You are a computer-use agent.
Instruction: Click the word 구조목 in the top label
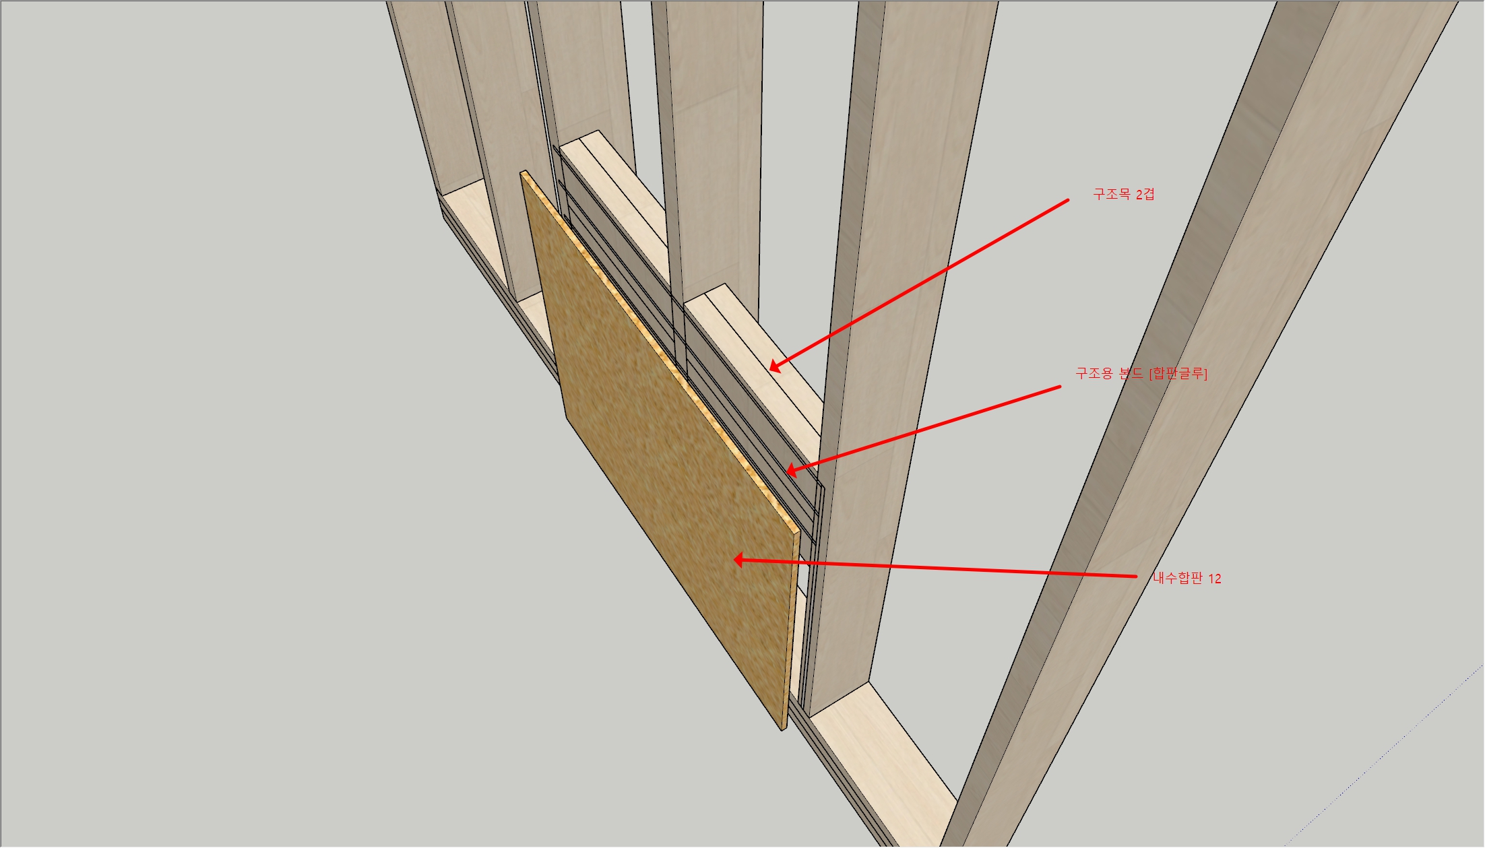click(x=1112, y=194)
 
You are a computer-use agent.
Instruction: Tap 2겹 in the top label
click(x=1145, y=194)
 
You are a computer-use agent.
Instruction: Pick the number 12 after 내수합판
click(x=1215, y=579)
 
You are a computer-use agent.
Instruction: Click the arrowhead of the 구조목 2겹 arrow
click(x=776, y=366)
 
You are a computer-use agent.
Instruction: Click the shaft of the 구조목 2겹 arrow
click(x=919, y=284)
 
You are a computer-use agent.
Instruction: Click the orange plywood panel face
click(x=667, y=458)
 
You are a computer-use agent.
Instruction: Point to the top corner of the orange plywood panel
click(x=522, y=172)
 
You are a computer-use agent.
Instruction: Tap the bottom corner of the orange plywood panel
click(x=784, y=729)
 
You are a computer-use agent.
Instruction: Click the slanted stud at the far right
click(x=1206, y=424)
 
